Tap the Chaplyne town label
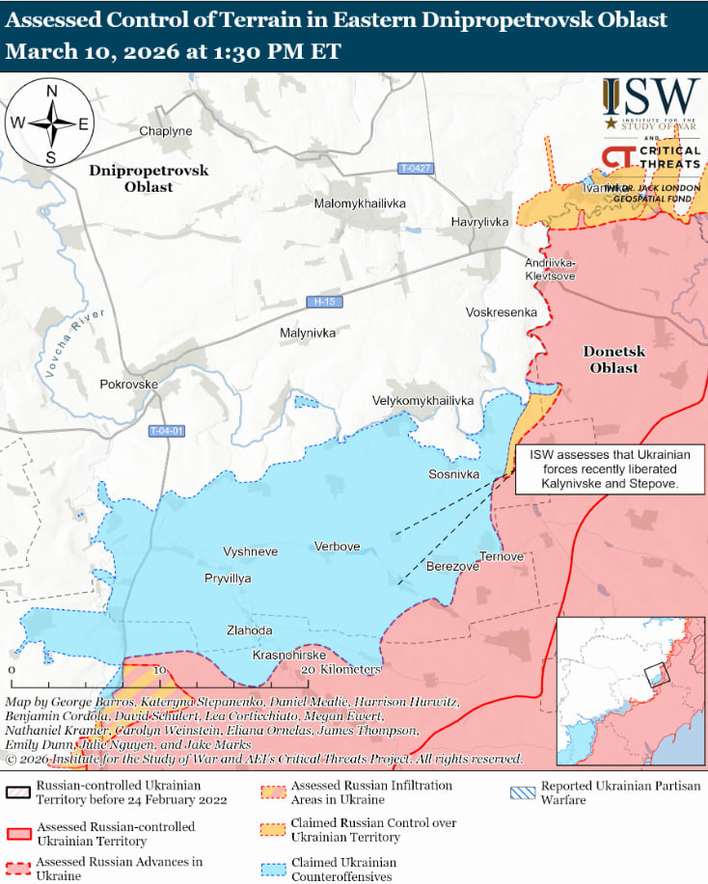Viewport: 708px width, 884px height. point(166,131)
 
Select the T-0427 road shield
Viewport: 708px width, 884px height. point(416,169)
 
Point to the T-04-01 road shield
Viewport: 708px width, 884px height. point(167,430)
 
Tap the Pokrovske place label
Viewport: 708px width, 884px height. point(128,384)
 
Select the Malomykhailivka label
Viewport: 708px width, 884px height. point(360,203)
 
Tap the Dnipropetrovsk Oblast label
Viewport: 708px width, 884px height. point(149,177)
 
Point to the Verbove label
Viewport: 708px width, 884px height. point(337,547)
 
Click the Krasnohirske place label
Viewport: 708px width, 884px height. point(288,655)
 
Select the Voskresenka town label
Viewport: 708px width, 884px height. point(500,312)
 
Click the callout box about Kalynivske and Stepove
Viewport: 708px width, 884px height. point(610,470)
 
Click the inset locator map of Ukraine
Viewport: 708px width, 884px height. point(631,691)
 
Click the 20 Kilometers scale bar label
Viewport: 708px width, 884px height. point(340,669)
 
